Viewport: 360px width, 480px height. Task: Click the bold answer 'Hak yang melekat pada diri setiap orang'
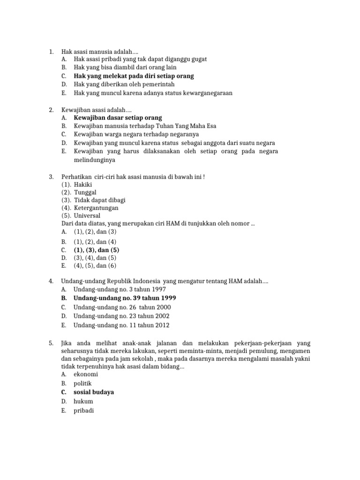[x=134, y=76]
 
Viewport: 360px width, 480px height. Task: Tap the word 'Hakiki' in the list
[x=83, y=184]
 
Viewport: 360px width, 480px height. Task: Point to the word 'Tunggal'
[x=85, y=192]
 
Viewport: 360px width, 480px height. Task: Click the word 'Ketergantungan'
[x=96, y=208]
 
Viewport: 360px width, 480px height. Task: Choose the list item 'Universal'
[x=87, y=216]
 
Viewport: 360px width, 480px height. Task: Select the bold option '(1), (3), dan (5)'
[x=97, y=250]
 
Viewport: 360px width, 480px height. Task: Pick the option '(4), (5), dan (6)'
[x=95, y=266]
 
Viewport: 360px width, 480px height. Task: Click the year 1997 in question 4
[x=156, y=289]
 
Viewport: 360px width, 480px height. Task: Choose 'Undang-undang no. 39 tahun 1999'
[x=125, y=298]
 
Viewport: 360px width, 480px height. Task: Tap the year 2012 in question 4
[x=159, y=325]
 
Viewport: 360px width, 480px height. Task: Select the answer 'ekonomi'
[x=86, y=375]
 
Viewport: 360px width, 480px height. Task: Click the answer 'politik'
[x=83, y=383]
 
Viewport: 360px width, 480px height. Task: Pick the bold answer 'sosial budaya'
[x=94, y=392]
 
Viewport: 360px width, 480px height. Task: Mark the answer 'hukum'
[x=83, y=401]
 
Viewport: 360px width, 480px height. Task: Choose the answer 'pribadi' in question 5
[x=84, y=411]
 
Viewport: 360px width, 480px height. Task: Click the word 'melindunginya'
[x=95, y=159]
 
